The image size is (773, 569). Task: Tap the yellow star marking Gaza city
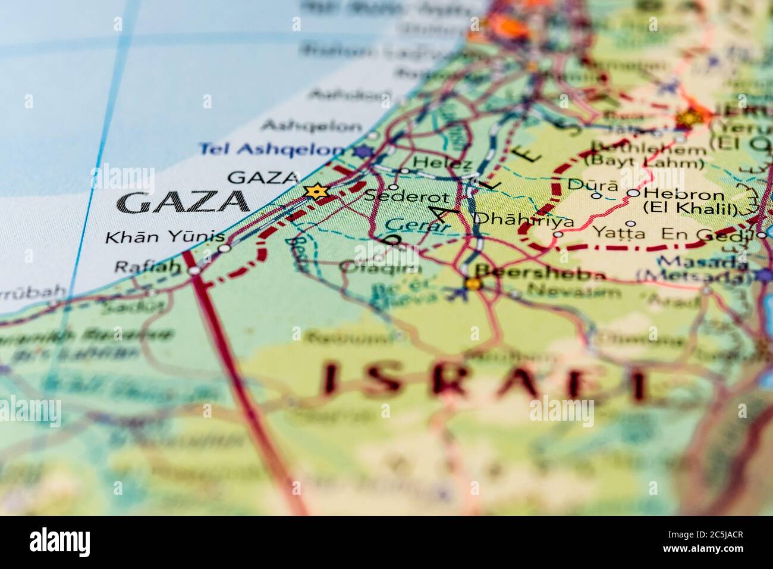316,192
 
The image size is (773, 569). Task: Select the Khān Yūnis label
156,237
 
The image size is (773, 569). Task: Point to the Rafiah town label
146,267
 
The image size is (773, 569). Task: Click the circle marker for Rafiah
194,270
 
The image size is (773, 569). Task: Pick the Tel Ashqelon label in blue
272,149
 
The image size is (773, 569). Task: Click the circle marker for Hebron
634,193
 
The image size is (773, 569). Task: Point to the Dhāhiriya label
524,220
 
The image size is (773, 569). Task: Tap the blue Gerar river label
416,225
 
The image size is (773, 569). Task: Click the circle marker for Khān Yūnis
224,248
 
